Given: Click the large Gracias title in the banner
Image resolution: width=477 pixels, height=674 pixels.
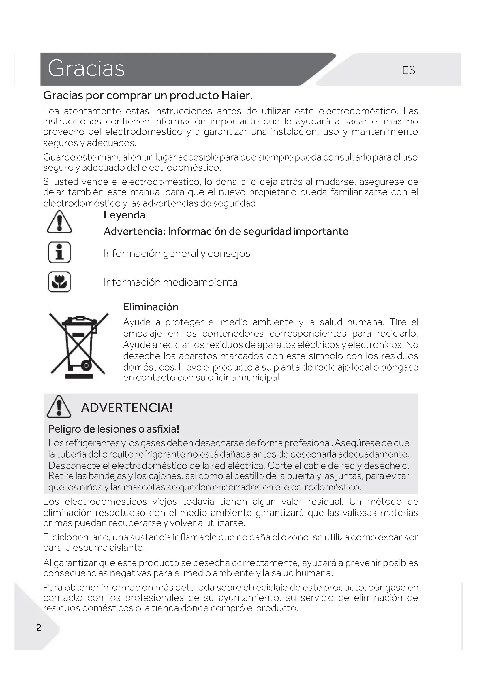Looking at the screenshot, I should (86, 69).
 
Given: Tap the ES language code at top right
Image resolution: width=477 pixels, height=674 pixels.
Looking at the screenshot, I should (409, 70).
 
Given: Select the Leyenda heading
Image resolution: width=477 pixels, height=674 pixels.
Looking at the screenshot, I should (124, 215).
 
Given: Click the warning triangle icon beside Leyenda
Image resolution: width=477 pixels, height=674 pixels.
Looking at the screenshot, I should (59, 222).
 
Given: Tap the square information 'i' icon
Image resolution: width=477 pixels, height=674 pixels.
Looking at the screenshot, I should (59, 252).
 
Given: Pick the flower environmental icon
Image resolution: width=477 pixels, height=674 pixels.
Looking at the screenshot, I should (59, 282).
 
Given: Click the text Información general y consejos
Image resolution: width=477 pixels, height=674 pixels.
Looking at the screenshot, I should (177, 253).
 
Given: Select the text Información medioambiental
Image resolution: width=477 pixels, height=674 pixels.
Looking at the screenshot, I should (172, 282).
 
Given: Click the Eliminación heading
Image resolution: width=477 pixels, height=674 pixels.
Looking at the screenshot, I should (151, 307).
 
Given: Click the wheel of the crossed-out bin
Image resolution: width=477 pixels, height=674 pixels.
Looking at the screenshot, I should (86, 366).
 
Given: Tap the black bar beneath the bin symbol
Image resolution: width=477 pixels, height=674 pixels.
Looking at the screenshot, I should (79, 376).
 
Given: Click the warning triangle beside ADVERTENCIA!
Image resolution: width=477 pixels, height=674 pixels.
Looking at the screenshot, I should (59, 407).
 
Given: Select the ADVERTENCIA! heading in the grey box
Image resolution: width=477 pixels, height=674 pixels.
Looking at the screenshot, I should (127, 408).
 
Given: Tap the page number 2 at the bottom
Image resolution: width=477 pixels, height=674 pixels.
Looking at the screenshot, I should (38, 628).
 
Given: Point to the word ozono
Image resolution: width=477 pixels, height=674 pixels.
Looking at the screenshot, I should (295, 537).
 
